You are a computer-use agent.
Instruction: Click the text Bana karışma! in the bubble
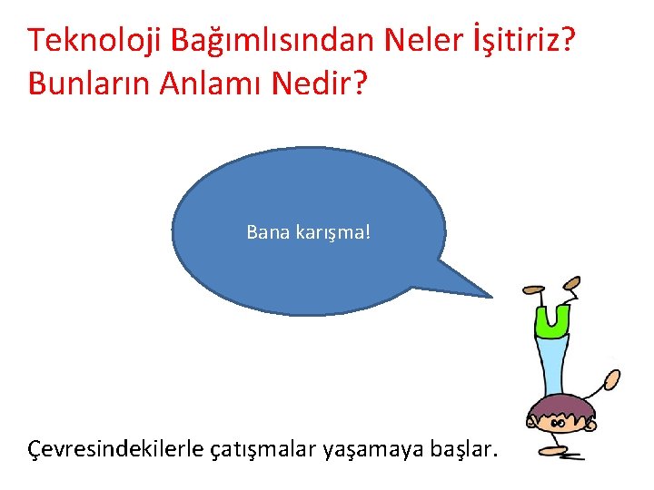point(309,232)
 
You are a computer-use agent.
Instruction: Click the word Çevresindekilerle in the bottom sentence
point(115,448)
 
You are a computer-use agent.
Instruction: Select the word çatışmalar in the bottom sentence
point(263,448)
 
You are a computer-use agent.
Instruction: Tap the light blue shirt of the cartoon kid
point(553,363)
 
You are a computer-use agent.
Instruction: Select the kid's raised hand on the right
point(613,378)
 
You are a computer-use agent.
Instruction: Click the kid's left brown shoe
point(530,289)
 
